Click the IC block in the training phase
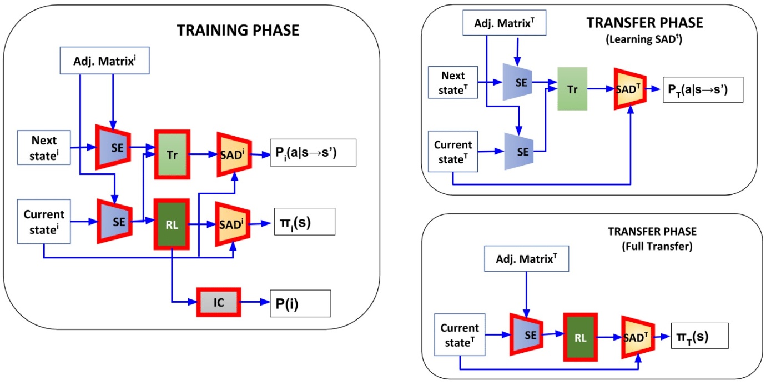(x=218, y=302)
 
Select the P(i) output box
(x=300, y=302)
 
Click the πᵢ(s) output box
(x=304, y=222)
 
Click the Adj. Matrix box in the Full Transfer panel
(x=526, y=258)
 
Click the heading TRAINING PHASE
(x=238, y=31)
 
